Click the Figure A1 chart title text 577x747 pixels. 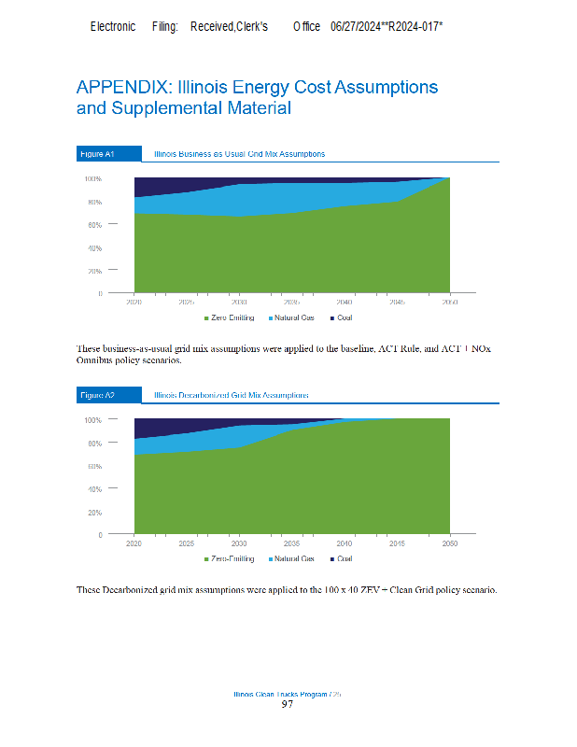pos(239,154)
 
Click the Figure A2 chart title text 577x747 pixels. pos(232,396)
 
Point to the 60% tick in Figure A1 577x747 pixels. pos(94,225)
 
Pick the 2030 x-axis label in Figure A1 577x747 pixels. pos(239,303)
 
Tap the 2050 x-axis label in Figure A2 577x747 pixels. pos(449,543)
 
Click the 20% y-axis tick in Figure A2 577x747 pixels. pos(94,513)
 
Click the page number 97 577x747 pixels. pos(288,705)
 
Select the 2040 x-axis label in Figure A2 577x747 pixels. pos(345,543)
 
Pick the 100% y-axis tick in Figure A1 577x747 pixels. pos(92,178)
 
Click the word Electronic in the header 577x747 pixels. pos(113,27)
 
